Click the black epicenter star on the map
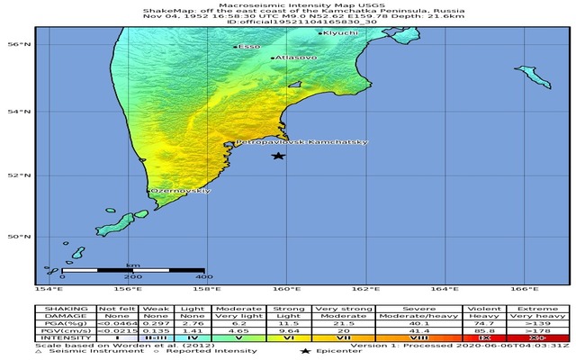pos(279,156)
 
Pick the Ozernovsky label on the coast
pos(181,191)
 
